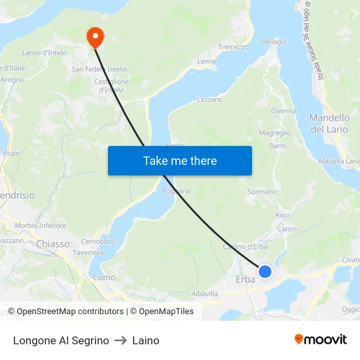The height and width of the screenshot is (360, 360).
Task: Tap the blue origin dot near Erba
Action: click(265, 271)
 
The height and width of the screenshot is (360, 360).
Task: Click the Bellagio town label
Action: click(274, 42)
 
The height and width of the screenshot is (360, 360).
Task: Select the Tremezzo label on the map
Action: click(233, 47)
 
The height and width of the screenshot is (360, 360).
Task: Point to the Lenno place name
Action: click(207, 62)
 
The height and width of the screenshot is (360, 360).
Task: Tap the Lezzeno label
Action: click(210, 99)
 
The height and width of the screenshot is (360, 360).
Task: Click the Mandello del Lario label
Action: click(329, 123)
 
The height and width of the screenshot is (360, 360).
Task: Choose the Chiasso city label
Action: click(53, 243)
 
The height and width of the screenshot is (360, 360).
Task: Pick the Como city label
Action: click(104, 278)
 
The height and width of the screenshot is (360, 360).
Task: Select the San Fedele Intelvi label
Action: click(99, 69)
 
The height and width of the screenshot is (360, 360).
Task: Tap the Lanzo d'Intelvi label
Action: click(46, 52)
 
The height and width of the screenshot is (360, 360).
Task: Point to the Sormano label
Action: click(262, 192)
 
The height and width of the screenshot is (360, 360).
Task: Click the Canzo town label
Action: click(287, 228)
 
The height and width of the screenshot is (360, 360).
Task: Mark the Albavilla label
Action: click(205, 294)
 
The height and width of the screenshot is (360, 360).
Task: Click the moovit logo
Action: click(320, 339)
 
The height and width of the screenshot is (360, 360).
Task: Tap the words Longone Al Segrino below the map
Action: click(61, 340)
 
